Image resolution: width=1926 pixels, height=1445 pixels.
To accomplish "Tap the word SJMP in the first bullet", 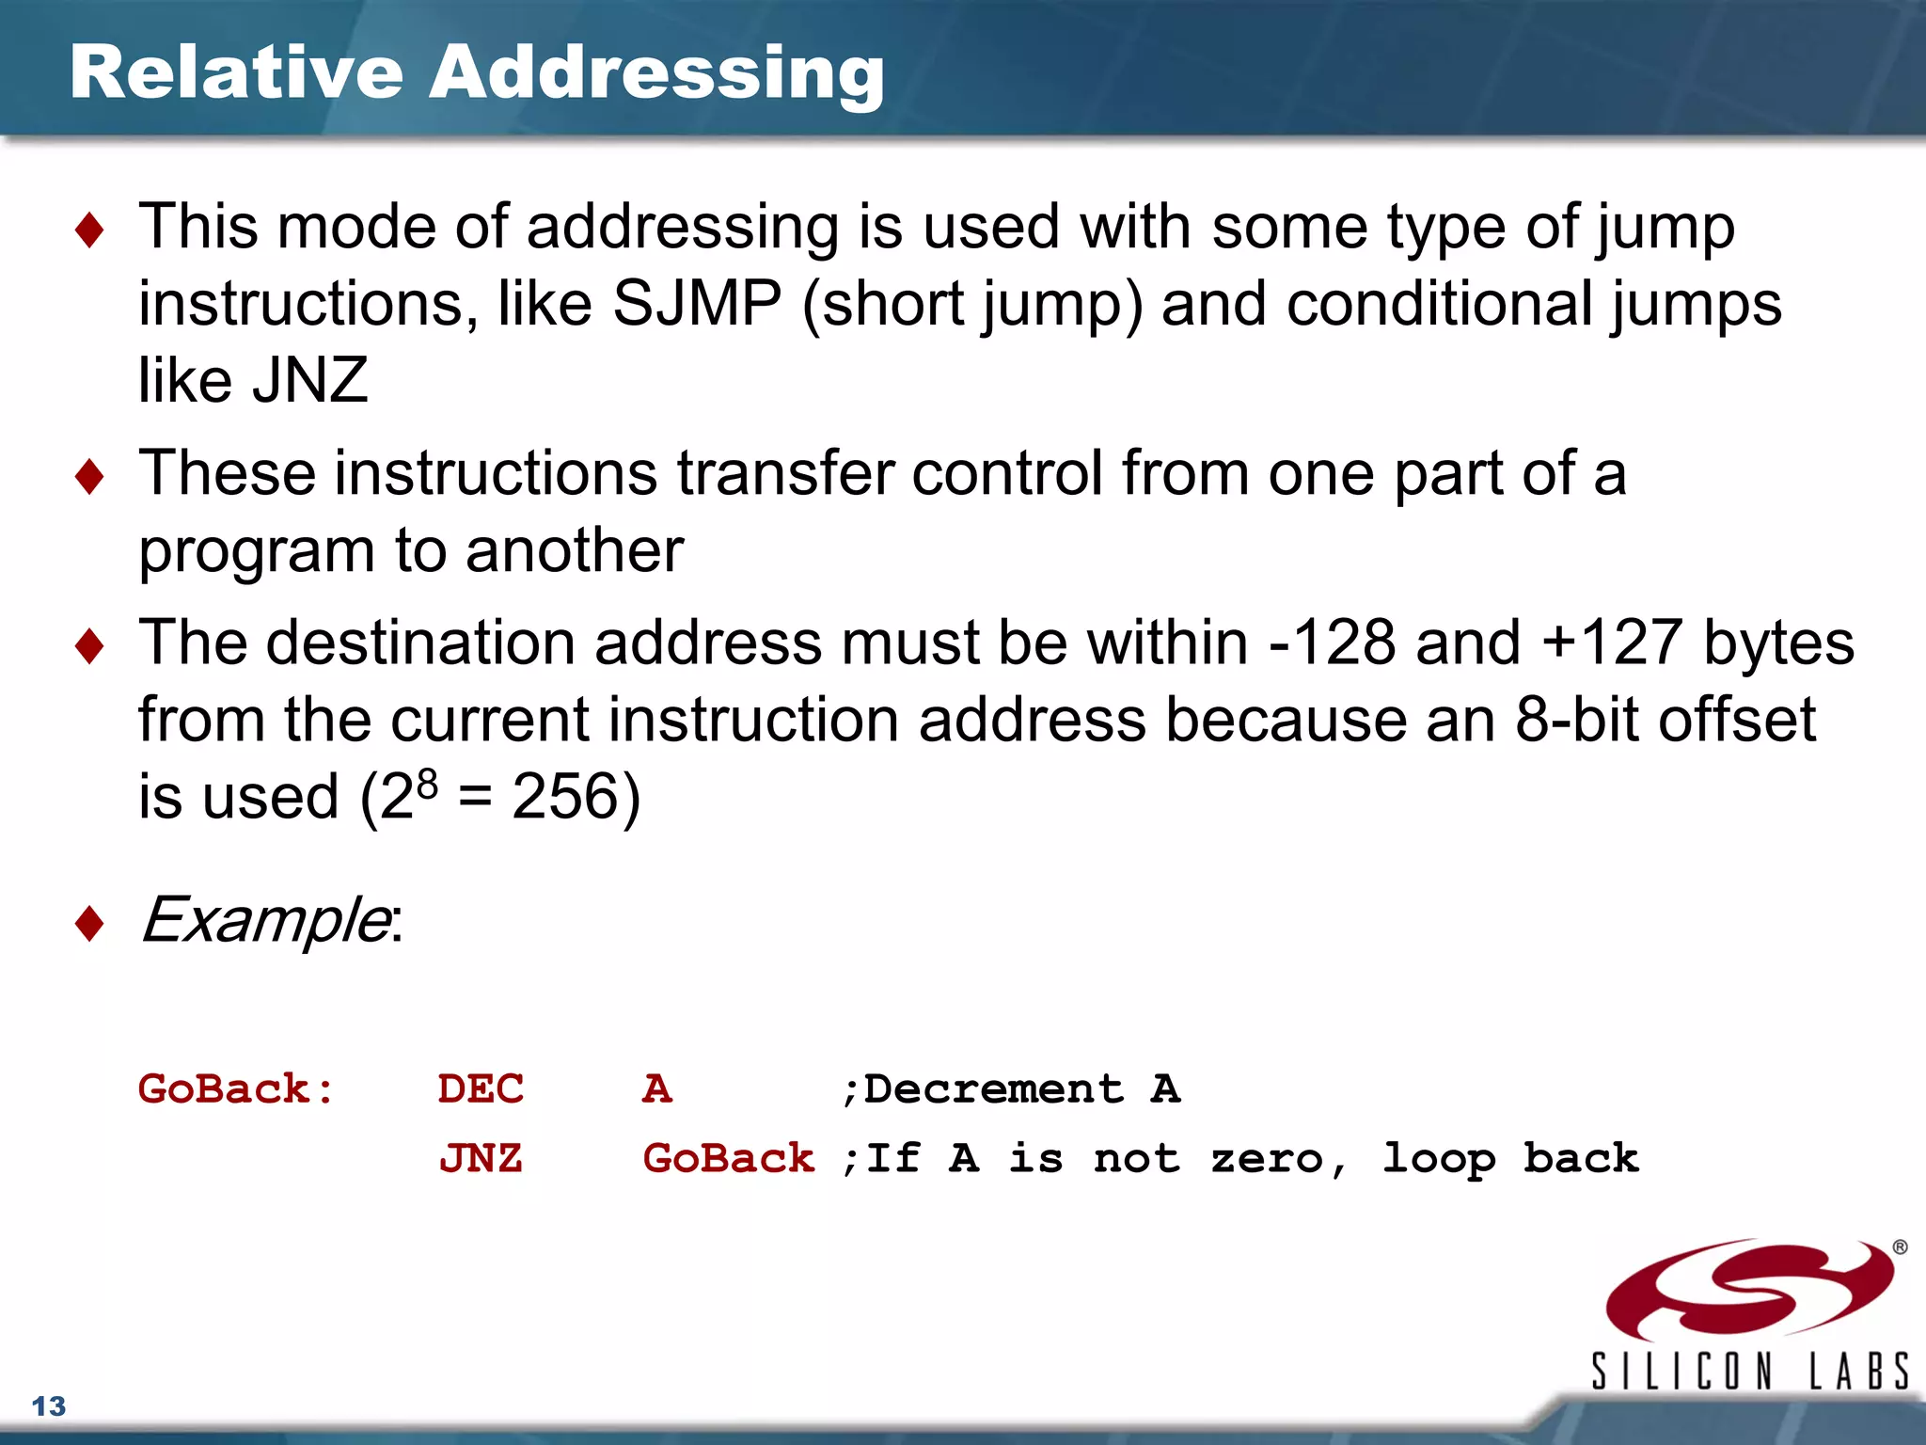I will click(696, 304).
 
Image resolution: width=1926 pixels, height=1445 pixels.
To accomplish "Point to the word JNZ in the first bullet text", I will click(310, 381).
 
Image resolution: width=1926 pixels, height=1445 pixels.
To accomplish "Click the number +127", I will click(1611, 643).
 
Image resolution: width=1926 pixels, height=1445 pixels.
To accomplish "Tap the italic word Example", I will click(264, 919).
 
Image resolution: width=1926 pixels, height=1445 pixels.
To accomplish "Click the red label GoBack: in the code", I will click(236, 1089).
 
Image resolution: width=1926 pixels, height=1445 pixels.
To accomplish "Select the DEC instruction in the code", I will click(481, 1089).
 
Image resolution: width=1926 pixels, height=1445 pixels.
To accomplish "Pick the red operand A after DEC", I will click(657, 1089).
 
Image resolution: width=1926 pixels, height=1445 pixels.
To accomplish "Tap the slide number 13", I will click(49, 1406).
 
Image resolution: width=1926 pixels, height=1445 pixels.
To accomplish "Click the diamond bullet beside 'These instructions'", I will click(89, 476).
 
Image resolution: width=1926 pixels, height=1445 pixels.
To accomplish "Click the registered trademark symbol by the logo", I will click(1900, 1247).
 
